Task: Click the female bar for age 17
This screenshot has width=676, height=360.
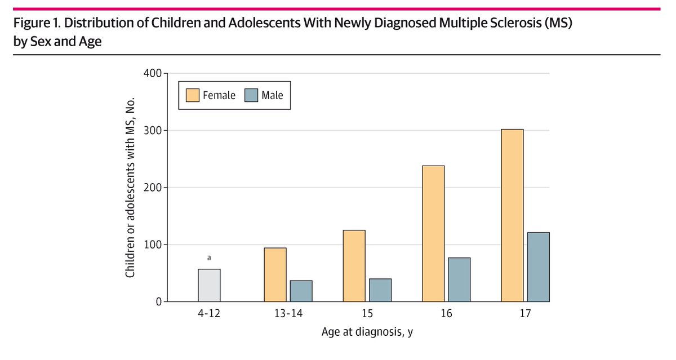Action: pyautogui.click(x=512, y=215)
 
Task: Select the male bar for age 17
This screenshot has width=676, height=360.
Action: pyautogui.click(x=538, y=267)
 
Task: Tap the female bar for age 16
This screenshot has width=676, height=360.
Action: pyautogui.click(x=433, y=234)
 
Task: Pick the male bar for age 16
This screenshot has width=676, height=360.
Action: pyautogui.click(x=459, y=279)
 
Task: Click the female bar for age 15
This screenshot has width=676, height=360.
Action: pyautogui.click(x=354, y=266)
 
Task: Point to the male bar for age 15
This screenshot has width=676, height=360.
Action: pyautogui.click(x=380, y=290)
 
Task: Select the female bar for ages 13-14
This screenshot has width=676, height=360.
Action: pyautogui.click(x=275, y=275)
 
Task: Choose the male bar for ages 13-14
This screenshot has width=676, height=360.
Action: pyautogui.click(x=301, y=291)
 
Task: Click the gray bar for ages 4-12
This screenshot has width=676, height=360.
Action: pyautogui.click(x=209, y=285)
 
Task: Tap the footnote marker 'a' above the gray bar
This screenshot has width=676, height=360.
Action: pyautogui.click(x=209, y=257)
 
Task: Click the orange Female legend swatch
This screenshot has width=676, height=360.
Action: pyautogui.click(x=193, y=95)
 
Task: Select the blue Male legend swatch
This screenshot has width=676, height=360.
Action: pyautogui.click(x=251, y=95)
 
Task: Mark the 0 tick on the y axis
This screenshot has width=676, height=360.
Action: pyautogui.click(x=159, y=302)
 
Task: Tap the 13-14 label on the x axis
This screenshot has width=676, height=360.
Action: pyautogui.click(x=288, y=313)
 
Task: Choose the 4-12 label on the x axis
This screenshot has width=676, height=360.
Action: pyautogui.click(x=209, y=313)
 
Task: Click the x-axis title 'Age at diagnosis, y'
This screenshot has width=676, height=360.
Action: pyautogui.click(x=367, y=332)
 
